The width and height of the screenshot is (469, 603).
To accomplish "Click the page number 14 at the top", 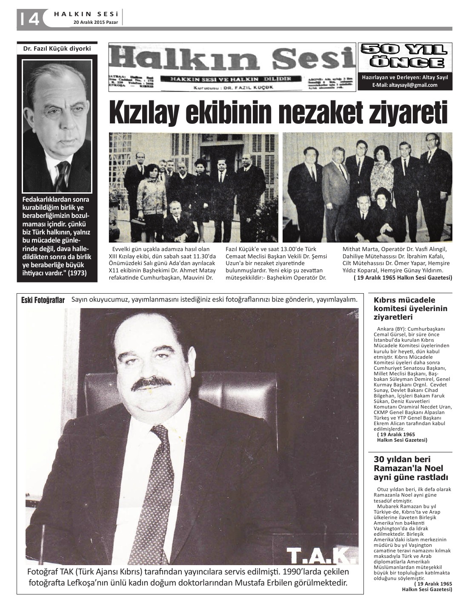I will [29, 19].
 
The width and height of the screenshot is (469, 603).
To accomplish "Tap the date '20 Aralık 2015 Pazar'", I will [97, 22].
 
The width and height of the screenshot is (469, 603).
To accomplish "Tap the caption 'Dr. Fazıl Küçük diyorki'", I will [57, 49].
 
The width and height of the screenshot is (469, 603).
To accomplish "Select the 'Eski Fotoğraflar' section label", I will [43, 300].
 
